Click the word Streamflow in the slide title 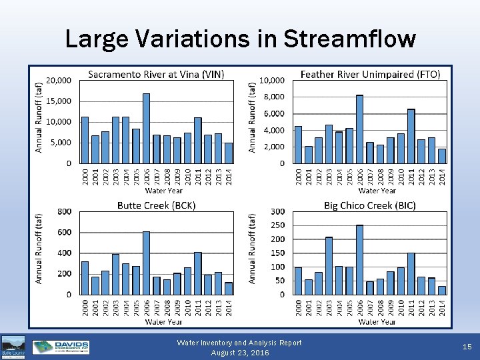point(349,39)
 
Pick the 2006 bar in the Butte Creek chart point(146,263)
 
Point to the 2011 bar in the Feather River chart point(411,136)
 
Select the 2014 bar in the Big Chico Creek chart point(442,290)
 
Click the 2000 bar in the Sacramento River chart point(85,140)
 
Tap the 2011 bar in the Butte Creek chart point(197,273)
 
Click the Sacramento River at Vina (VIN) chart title point(156,74)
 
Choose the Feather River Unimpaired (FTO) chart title point(370,74)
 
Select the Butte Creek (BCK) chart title point(156,205)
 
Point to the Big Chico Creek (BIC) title point(370,205)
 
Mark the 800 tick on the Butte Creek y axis point(64,211)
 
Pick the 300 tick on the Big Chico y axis point(277,211)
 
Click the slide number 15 point(466,347)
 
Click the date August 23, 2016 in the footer point(239,353)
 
